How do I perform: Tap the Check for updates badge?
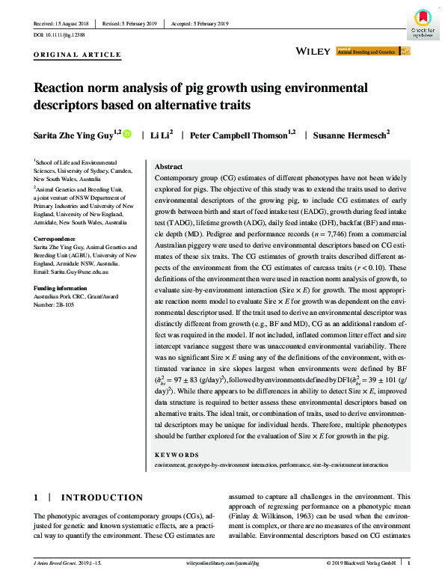click(x=423, y=23)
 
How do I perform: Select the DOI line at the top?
click(x=59, y=35)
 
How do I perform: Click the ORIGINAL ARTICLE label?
click(x=79, y=55)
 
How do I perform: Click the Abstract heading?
click(x=168, y=167)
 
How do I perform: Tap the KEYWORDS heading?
click(x=177, y=455)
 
